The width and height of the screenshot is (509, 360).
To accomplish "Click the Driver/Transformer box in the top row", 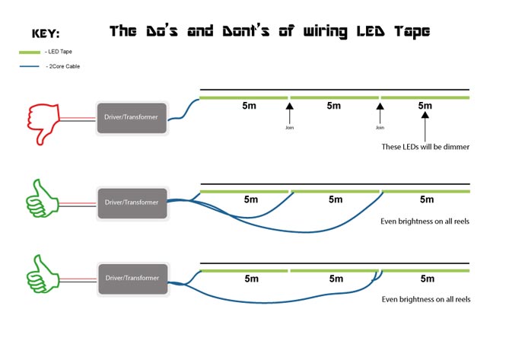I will coord(132,118).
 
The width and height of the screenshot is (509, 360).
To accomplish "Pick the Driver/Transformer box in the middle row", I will coord(132,202).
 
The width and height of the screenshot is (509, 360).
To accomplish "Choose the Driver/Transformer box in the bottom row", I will coord(132,278).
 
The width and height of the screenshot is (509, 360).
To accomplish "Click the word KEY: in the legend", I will coord(46,33).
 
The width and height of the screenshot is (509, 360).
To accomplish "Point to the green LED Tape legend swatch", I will coord(29,52).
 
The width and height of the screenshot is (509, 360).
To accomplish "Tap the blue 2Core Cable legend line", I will coord(29,67).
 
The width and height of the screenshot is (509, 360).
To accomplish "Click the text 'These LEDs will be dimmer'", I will coord(425,146).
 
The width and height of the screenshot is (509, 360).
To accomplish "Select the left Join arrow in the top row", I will coord(289,114).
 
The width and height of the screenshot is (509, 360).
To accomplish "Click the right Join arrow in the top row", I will coord(379,114).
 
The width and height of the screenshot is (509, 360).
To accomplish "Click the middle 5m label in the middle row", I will coord(336,199).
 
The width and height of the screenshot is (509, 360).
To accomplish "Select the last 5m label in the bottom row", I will coord(425,279).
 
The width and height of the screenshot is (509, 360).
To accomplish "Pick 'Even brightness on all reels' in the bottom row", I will coord(425,299).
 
